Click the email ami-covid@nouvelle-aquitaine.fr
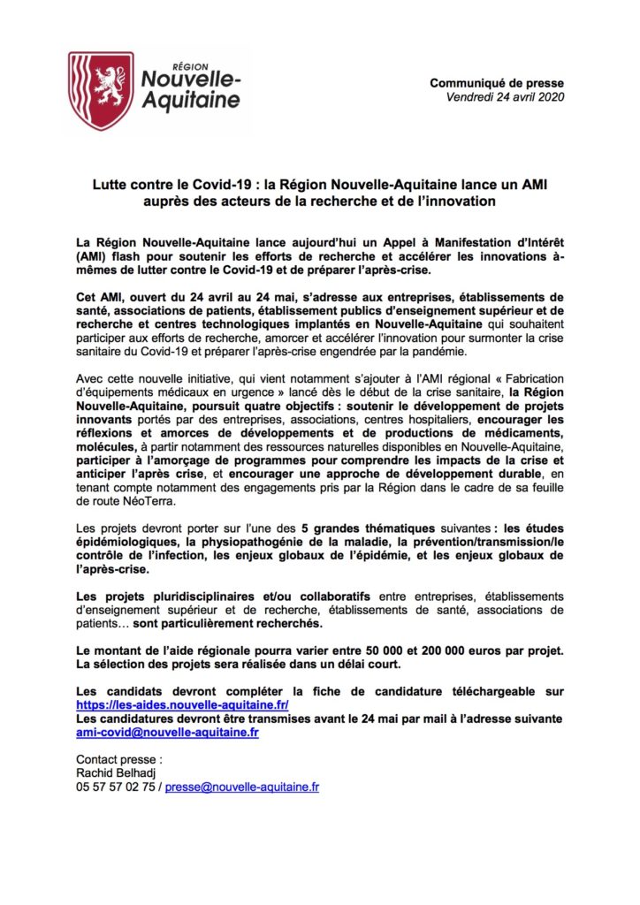[168, 733]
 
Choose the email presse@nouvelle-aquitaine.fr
[241, 786]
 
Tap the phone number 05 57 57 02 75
[116, 786]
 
